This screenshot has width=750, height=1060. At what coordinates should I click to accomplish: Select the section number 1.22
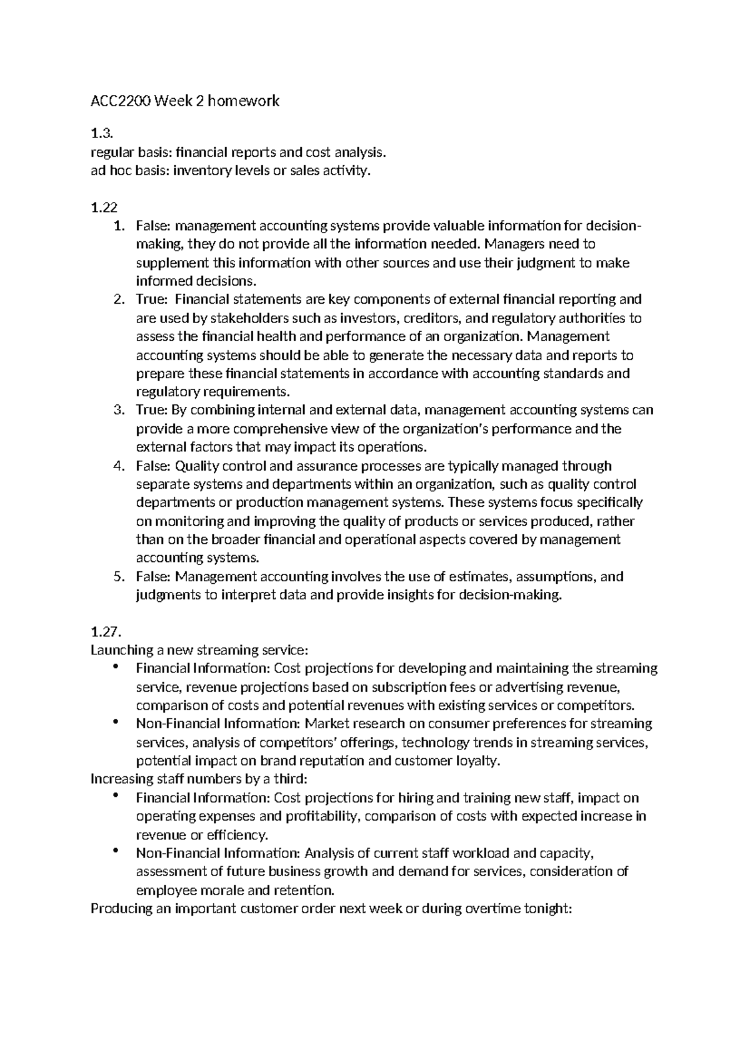click(x=104, y=207)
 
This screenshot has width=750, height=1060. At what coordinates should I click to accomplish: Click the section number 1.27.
click(x=105, y=632)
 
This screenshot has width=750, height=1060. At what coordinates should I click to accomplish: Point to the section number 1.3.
click(x=101, y=134)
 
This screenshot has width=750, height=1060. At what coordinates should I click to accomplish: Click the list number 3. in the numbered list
click(x=119, y=411)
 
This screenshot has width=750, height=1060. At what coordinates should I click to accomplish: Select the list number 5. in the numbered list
click(x=119, y=576)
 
